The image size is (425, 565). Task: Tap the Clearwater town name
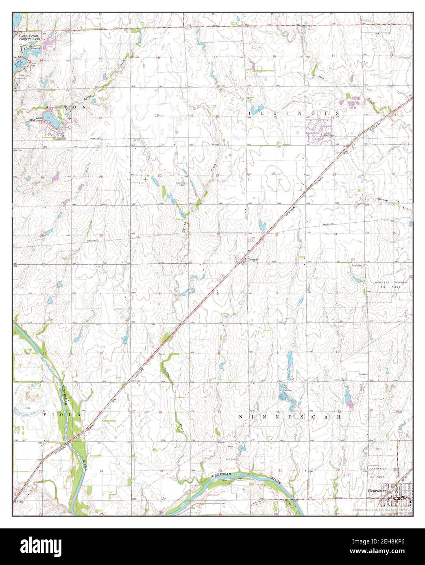point(376,491)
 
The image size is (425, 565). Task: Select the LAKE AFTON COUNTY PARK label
point(30,39)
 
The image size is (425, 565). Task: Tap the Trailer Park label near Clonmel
point(253,239)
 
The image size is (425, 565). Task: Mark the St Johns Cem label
point(181,184)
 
